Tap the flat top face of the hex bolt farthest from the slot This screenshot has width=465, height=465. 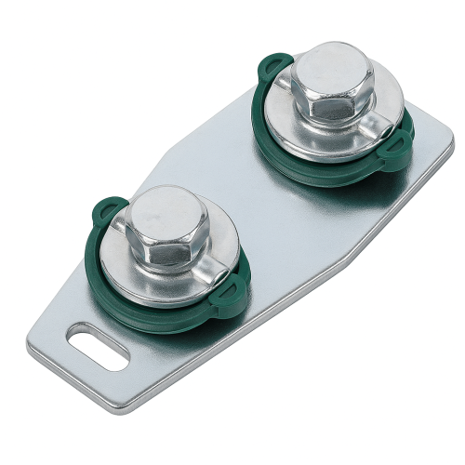coord(331,70)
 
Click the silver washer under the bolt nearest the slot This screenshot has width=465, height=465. coord(139,279)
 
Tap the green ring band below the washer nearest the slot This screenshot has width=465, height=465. coord(167,312)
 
